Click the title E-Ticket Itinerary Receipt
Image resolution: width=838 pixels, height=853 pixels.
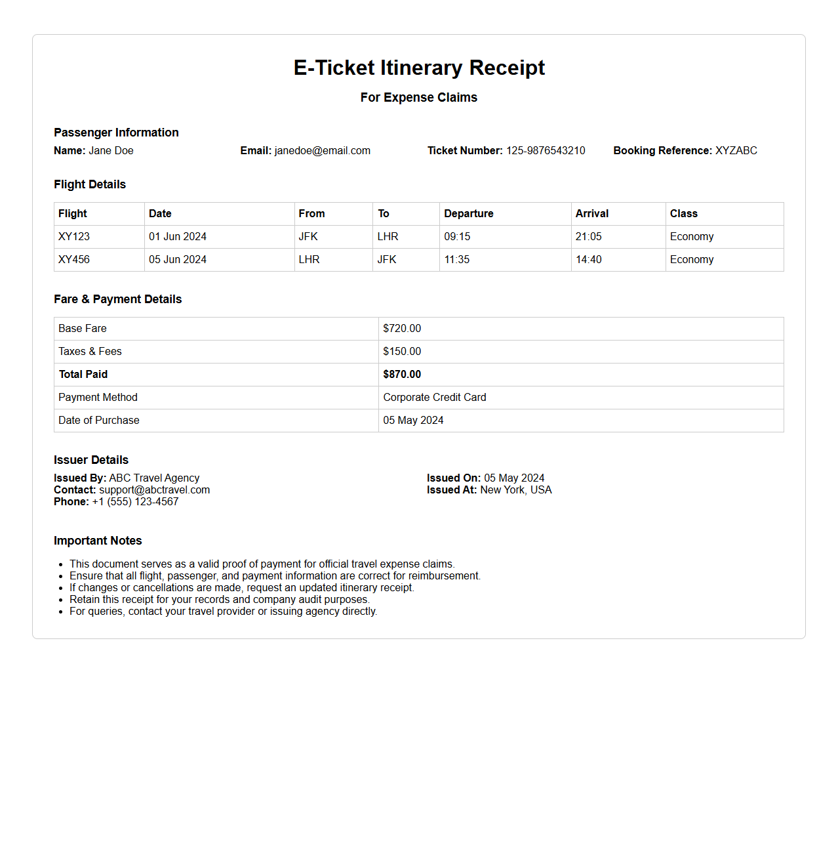[x=419, y=68]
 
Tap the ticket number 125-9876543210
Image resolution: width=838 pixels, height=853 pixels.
[x=546, y=151]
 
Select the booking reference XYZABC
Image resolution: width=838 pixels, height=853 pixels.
[x=736, y=151]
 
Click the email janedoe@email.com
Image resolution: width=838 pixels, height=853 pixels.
[x=322, y=151]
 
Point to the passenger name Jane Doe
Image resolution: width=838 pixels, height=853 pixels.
[x=111, y=151]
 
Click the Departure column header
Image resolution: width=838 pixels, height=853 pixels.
[x=468, y=214]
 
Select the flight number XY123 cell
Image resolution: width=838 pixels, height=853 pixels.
[x=74, y=237]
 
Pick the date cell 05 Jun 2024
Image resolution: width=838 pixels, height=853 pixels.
[x=178, y=260]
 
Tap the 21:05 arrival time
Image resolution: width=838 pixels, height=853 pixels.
[x=588, y=237]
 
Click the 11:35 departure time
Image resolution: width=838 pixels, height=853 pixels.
[x=457, y=260]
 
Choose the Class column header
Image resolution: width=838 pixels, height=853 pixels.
[x=683, y=214]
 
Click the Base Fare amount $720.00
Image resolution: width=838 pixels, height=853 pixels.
[x=402, y=329]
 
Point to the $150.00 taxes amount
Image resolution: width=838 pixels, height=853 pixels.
[x=402, y=352]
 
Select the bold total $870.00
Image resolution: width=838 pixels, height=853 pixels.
[x=402, y=375]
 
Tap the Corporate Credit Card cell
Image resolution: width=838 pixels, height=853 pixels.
[x=435, y=398]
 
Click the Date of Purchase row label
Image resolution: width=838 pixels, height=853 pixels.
[x=99, y=421]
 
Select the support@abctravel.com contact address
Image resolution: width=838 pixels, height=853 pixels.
[x=155, y=490]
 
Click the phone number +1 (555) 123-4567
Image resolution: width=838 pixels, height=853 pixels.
[x=135, y=502]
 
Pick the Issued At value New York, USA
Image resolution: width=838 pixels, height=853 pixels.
[x=516, y=490]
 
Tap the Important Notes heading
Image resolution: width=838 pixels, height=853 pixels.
[x=98, y=541]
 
